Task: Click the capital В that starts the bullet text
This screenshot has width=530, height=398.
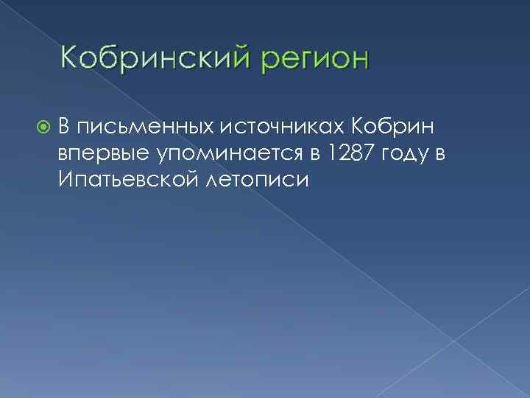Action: tap(65, 126)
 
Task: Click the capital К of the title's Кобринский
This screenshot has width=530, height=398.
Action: tap(68, 57)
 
